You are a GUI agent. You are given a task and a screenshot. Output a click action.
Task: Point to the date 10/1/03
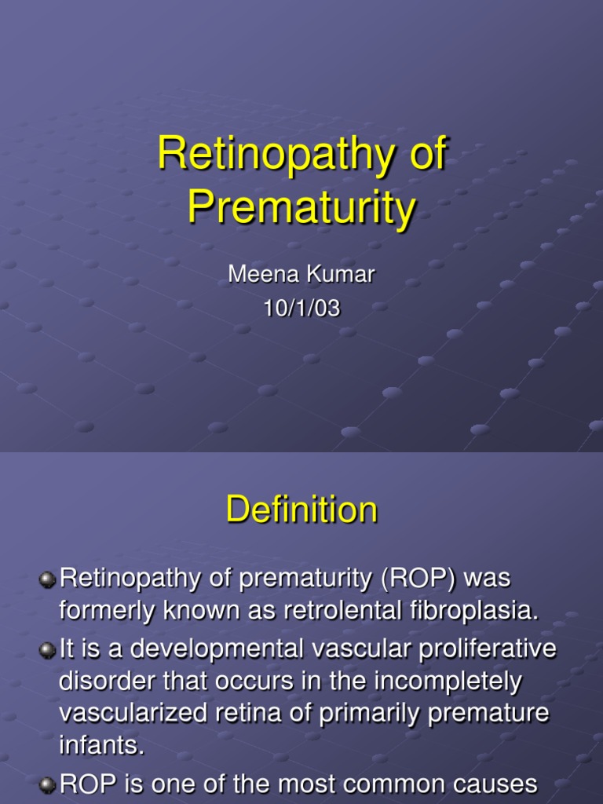tap(301, 309)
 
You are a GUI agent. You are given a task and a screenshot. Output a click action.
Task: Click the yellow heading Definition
tap(301, 510)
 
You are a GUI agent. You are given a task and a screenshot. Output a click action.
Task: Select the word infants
tap(102, 747)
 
